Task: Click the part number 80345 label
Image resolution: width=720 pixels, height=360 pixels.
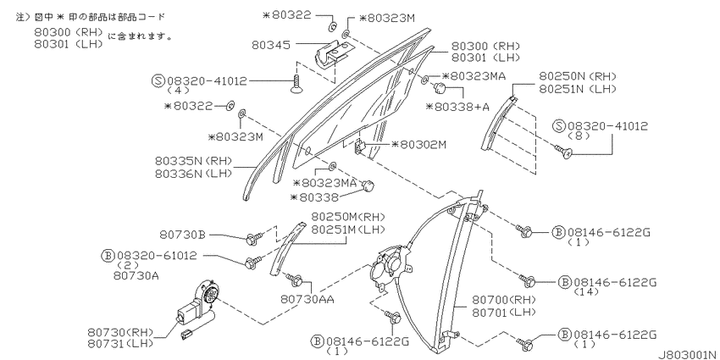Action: (x=271, y=45)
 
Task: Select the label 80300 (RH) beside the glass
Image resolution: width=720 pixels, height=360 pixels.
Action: (x=485, y=46)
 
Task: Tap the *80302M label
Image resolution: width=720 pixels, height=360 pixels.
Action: (x=418, y=145)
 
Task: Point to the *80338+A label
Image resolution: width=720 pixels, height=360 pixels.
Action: (x=457, y=107)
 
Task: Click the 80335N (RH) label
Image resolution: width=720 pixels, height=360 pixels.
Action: (x=193, y=161)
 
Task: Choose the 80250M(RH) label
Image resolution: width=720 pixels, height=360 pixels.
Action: (x=348, y=217)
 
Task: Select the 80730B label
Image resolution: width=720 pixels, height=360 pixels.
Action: (x=183, y=235)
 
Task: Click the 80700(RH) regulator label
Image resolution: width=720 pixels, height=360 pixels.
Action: (x=504, y=301)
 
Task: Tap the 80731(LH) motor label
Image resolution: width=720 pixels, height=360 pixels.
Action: (x=119, y=343)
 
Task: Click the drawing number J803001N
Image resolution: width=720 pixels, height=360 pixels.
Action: (x=688, y=355)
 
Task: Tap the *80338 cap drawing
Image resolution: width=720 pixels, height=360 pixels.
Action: (x=368, y=186)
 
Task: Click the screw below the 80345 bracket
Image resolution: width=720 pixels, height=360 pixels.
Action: (x=298, y=84)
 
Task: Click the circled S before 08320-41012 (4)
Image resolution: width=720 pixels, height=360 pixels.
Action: (x=158, y=81)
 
